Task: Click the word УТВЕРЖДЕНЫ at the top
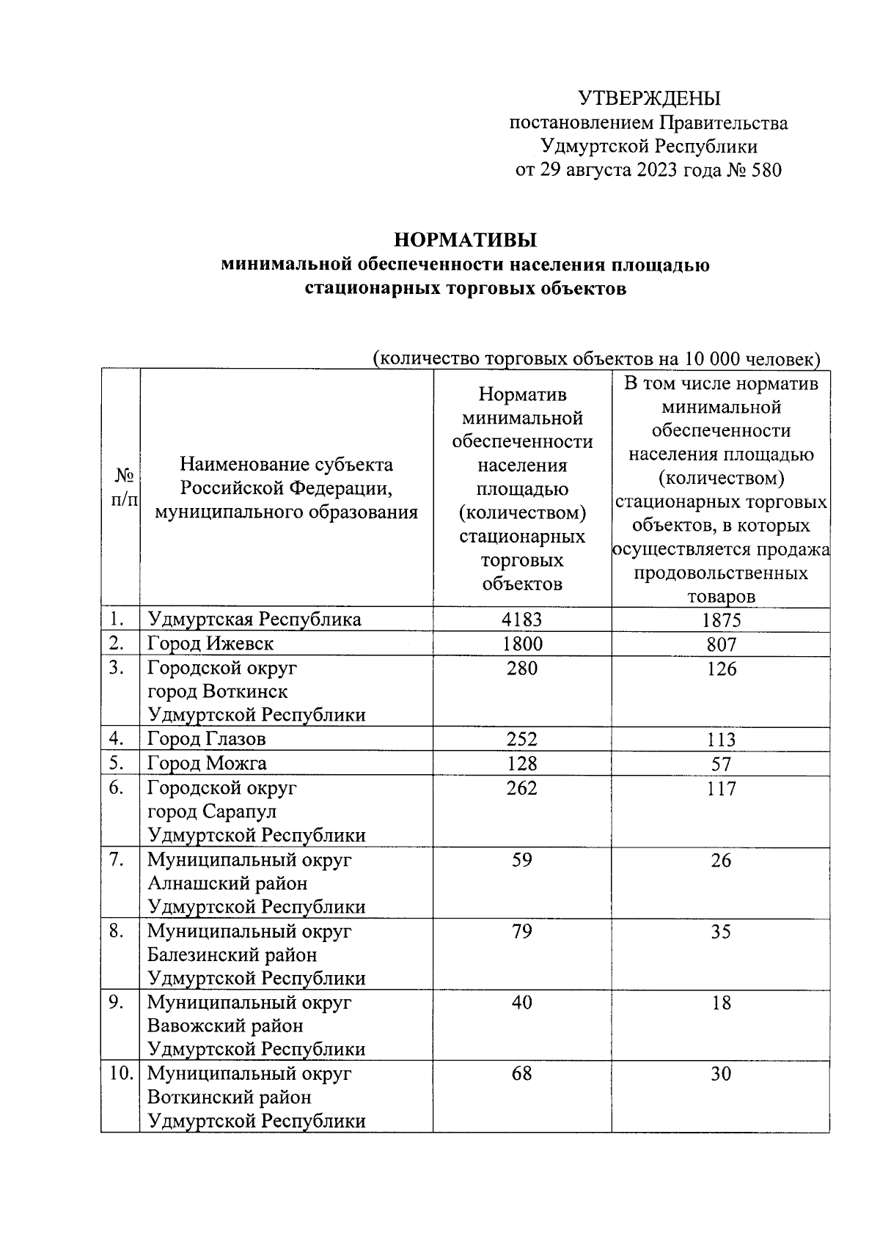pyautogui.click(x=649, y=98)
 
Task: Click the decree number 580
pyautogui.click(x=766, y=170)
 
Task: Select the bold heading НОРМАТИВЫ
pyautogui.click(x=466, y=240)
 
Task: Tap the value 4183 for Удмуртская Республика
pyautogui.click(x=521, y=619)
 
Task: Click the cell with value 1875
pyautogui.click(x=721, y=620)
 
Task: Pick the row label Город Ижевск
pyautogui.click(x=210, y=644)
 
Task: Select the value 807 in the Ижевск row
pyautogui.click(x=721, y=644)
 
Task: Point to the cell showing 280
pyautogui.click(x=521, y=668)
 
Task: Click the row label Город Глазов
pyautogui.click(x=206, y=739)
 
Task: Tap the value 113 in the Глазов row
pyautogui.click(x=721, y=740)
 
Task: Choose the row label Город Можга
pyautogui.click(x=207, y=763)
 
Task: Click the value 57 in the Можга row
pyautogui.click(x=721, y=764)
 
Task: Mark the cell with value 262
pyautogui.click(x=521, y=788)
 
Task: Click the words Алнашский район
pyautogui.click(x=227, y=883)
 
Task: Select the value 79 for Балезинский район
pyautogui.click(x=521, y=931)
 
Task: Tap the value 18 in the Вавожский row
pyautogui.click(x=721, y=1003)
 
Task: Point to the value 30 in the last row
pyautogui.click(x=721, y=1074)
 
